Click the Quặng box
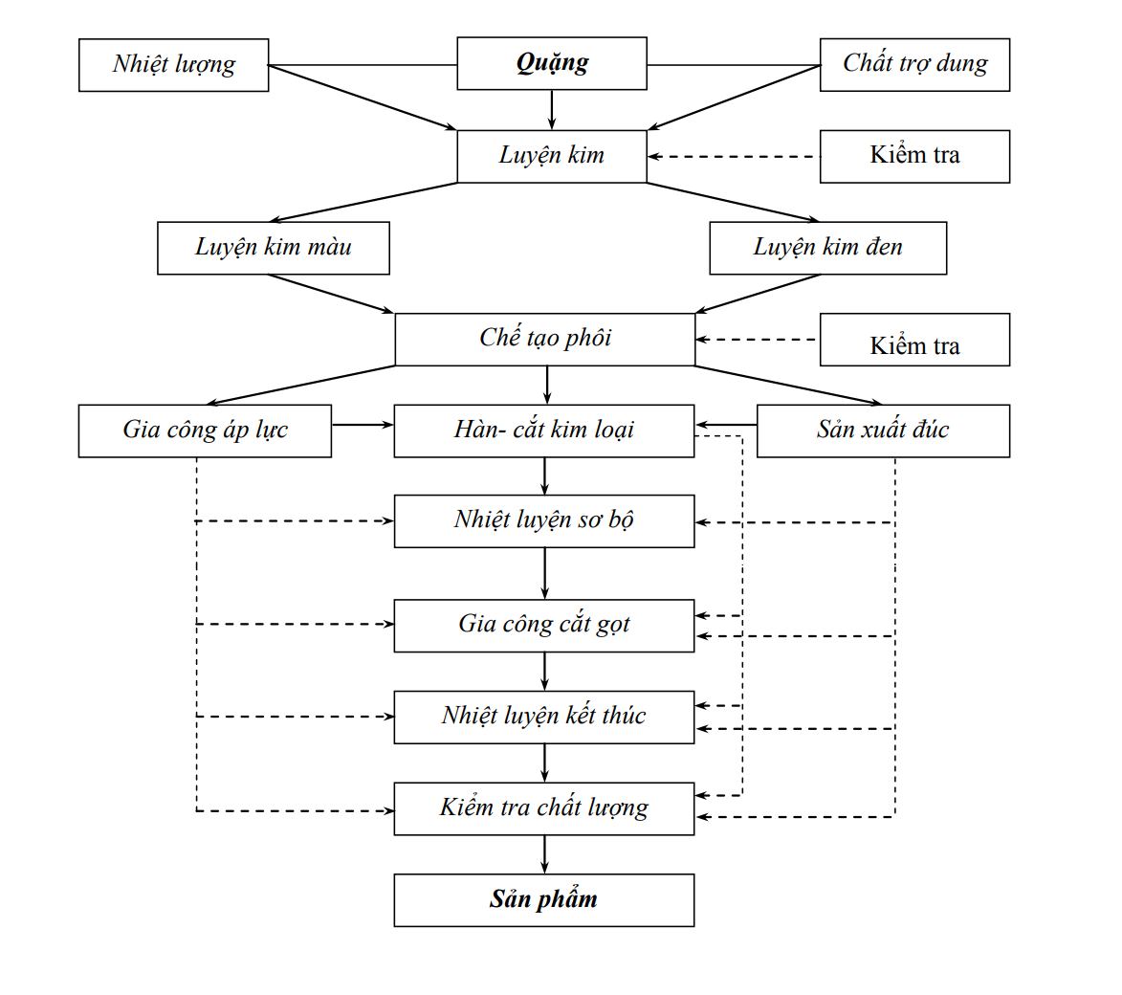[x=552, y=63]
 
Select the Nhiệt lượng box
[x=174, y=65]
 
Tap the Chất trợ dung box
[x=914, y=64]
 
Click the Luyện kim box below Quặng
[x=552, y=156]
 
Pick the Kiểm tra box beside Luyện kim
[x=914, y=156]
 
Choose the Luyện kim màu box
[x=274, y=248]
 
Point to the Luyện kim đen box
[x=828, y=248]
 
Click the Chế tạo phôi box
[x=545, y=340]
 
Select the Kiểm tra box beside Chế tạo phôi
[x=914, y=340]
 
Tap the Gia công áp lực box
[x=206, y=431]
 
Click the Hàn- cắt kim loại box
[x=544, y=431]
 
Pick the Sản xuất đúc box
[x=883, y=431]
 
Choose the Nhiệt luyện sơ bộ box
[x=544, y=521]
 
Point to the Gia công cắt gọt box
[x=544, y=626]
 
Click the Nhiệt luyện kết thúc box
[x=544, y=718]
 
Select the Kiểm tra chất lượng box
[x=544, y=808]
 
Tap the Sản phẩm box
[x=544, y=899]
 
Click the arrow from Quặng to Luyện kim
[x=552, y=109]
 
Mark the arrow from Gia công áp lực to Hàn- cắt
[x=363, y=425]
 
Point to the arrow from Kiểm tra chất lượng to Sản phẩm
[x=544, y=854]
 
